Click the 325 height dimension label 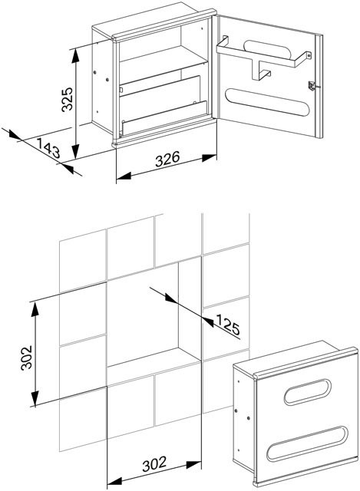point(67,99)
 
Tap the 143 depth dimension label point(48,148)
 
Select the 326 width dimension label point(167,159)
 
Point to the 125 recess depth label point(228,325)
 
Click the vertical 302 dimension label point(26,358)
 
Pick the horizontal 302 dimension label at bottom point(154,464)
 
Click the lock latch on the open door point(312,85)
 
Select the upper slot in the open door point(268,49)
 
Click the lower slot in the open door point(267,102)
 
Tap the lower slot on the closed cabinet point(307,443)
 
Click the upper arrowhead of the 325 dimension point(75,56)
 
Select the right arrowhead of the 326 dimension point(209,158)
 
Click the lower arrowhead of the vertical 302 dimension point(35,399)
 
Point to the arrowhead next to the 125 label point(208,321)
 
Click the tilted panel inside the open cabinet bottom point(164,118)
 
